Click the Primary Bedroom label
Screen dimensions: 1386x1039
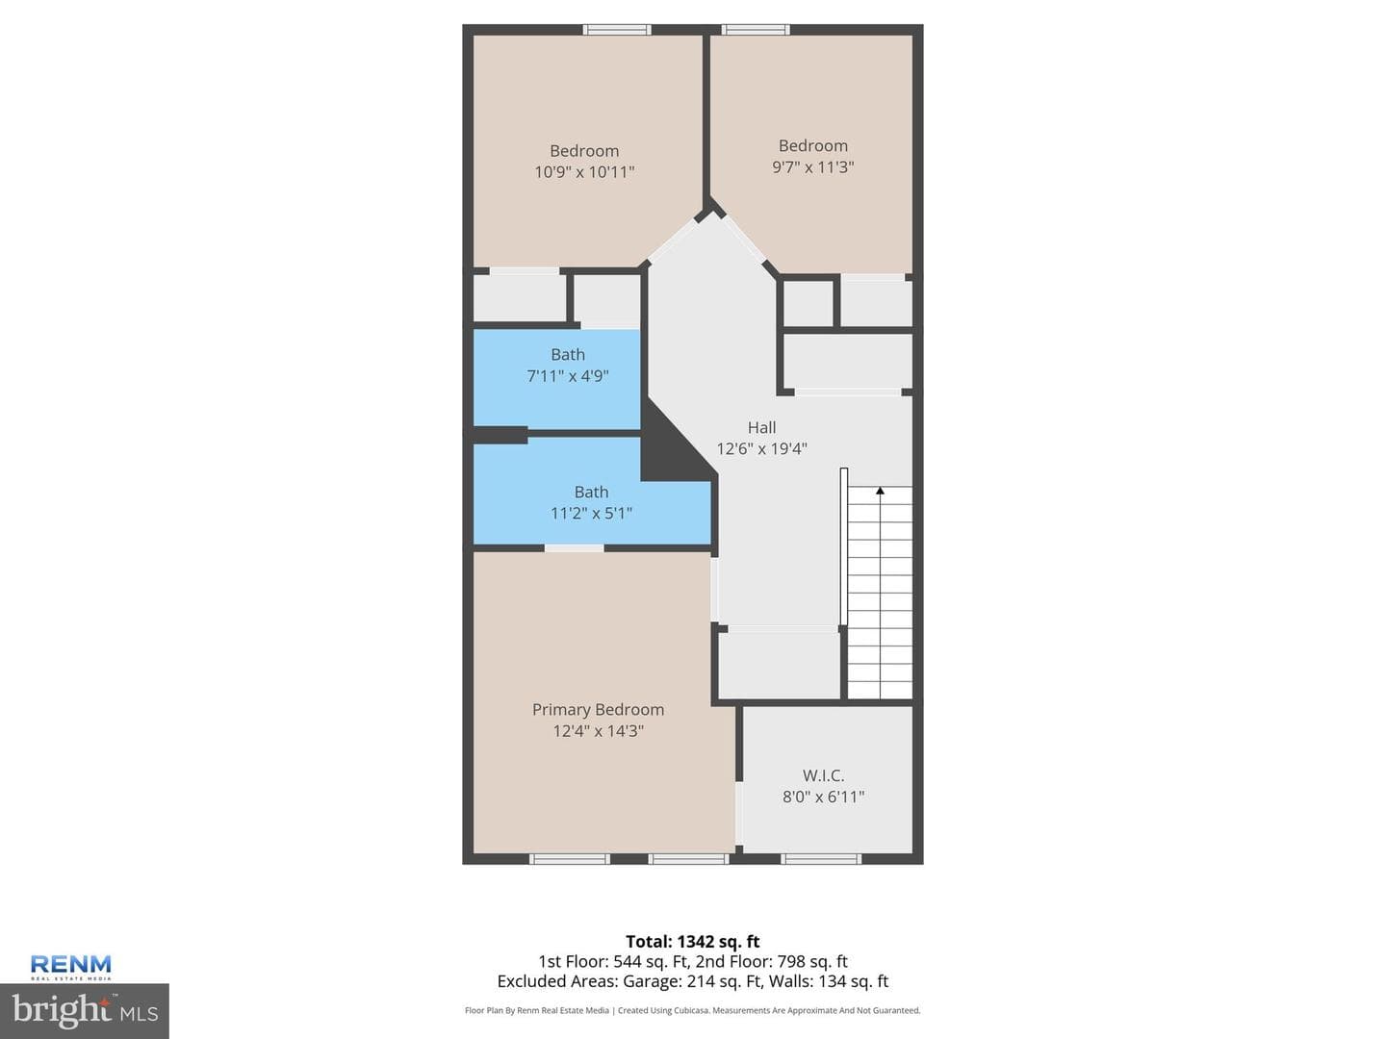[598, 710]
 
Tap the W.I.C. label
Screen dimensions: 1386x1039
[823, 775]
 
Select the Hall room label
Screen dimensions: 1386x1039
[761, 427]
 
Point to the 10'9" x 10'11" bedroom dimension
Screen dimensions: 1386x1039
[584, 171]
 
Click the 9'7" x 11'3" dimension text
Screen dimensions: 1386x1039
[812, 167]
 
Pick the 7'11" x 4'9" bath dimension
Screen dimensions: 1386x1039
[568, 376]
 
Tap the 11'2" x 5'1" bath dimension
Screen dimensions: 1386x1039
[591, 513]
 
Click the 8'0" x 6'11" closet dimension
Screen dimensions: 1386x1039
[823, 797]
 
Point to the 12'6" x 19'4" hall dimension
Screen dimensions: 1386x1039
[761, 448]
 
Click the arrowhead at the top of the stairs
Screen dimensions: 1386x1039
[881, 491]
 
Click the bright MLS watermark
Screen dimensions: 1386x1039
[85, 1011]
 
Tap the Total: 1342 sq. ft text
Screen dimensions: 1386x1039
[693, 941]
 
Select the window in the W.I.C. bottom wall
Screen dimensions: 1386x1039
[821, 858]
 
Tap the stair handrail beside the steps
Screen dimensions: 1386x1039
[843, 546]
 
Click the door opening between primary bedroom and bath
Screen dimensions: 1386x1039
[574, 548]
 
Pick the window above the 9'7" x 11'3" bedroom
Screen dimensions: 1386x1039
[756, 30]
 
